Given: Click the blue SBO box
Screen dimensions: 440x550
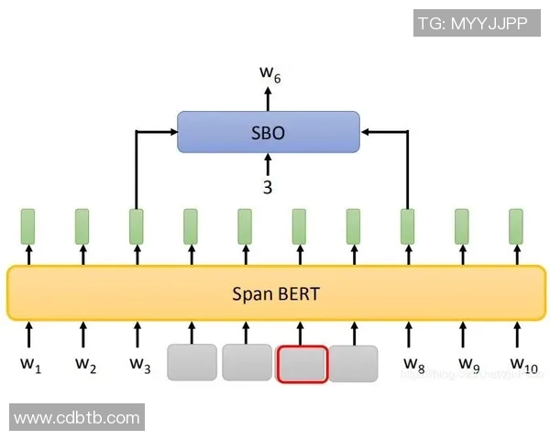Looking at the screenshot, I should click(x=268, y=132).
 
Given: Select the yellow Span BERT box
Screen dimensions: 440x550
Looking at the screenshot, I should click(x=276, y=293).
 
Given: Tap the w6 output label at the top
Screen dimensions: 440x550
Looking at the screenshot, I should click(x=269, y=73).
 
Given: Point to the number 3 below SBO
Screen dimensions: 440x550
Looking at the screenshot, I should click(x=268, y=187).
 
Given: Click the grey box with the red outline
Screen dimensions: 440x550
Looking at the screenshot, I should click(x=302, y=363).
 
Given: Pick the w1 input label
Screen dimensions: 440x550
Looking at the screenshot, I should click(x=30, y=365).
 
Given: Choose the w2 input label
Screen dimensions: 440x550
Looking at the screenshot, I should click(x=85, y=365).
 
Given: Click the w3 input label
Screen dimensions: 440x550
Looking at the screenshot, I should click(x=139, y=365).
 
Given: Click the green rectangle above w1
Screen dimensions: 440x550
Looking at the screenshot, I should click(x=28, y=226).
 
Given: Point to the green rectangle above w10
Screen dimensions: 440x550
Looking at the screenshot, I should click(x=516, y=226).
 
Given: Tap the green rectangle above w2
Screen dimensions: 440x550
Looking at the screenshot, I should click(x=82, y=226).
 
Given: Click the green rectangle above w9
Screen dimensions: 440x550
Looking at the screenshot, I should click(x=462, y=226).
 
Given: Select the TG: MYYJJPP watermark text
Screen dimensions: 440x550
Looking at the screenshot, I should click(x=473, y=24).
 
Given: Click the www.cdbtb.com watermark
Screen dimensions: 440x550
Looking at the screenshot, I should click(x=78, y=418).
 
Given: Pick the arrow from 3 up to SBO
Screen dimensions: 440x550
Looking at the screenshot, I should click(x=268, y=165).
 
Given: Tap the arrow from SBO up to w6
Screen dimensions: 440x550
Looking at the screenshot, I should click(x=268, y=99).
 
